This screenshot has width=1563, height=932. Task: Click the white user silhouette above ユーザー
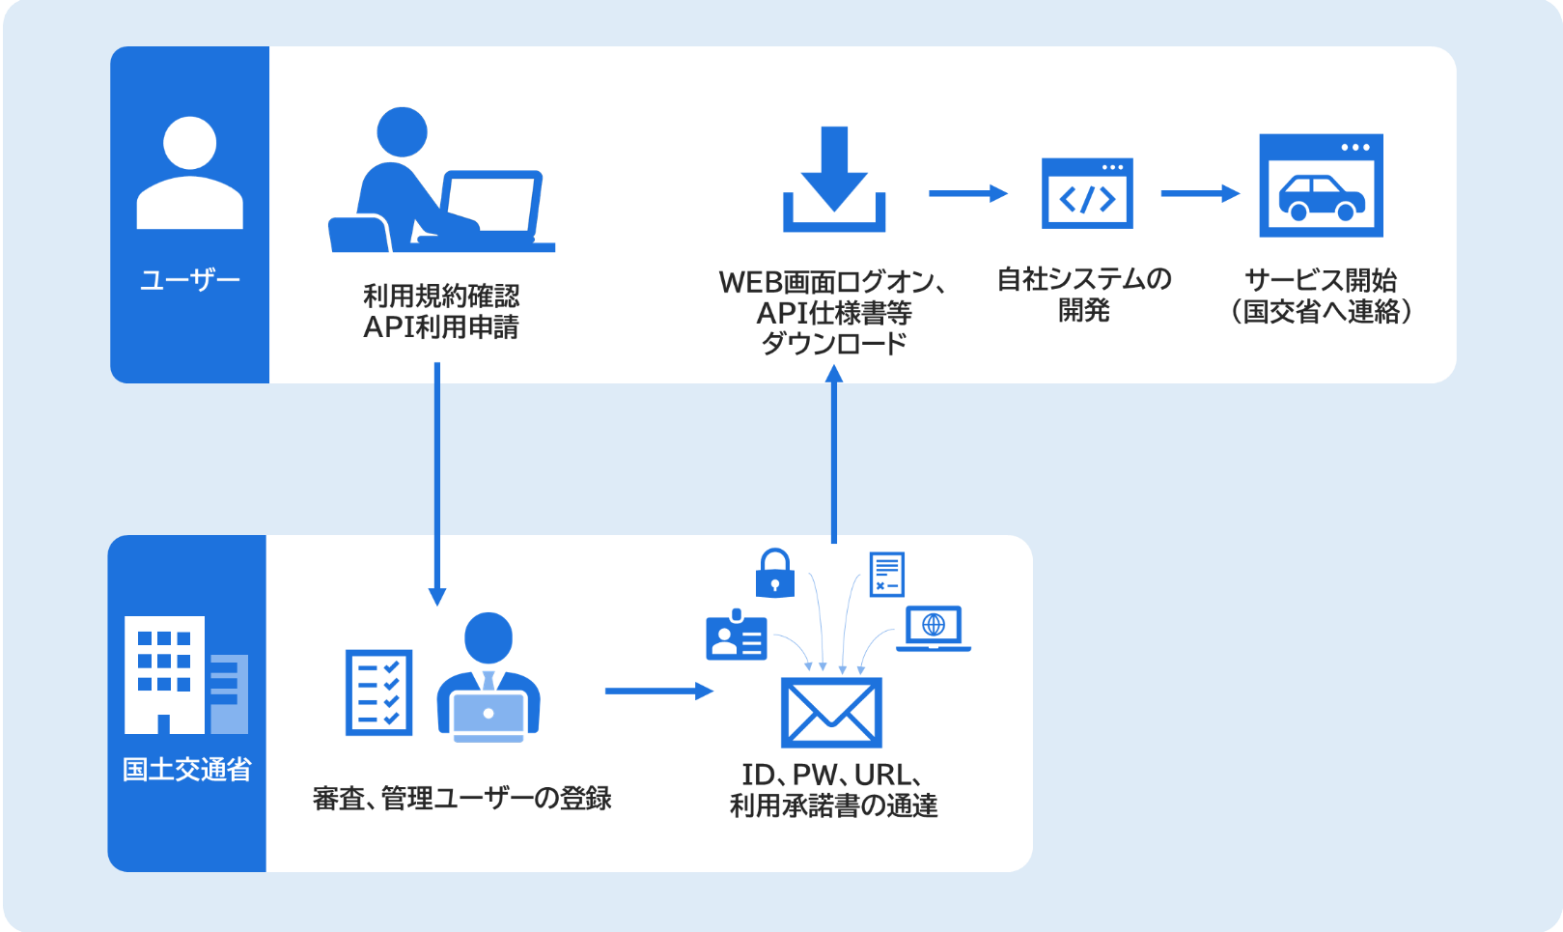point(189,174)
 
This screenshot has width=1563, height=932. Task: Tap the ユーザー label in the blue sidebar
point(189,280)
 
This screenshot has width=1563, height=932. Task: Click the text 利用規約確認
point(441,296)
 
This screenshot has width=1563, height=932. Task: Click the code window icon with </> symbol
point(1087,193)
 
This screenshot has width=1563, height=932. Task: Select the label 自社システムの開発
point(1084,295)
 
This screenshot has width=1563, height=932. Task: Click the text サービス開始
point(1321,280)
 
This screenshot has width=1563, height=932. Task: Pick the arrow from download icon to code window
point(967,193)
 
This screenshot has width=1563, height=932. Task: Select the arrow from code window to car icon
point(1199,193)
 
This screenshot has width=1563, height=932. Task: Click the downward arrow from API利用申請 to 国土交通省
point(437,483)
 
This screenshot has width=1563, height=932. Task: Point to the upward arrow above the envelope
point(834,454)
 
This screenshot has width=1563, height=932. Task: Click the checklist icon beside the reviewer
point(379,692)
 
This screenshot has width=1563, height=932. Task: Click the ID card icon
point(737,636)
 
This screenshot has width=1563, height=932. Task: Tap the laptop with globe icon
point(933,628)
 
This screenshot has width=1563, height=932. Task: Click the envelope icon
point(831,713)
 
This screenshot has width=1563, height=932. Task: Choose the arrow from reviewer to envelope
point(658,691)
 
